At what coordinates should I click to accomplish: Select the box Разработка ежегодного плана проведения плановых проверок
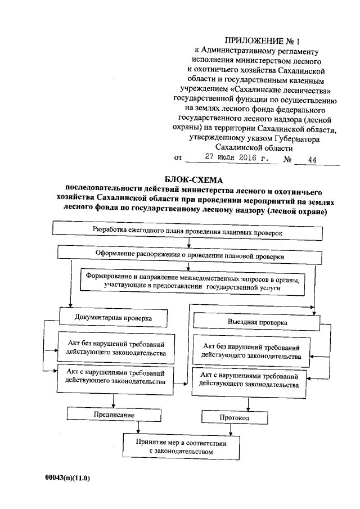(187, 231)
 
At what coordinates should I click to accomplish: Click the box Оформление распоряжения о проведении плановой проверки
(190, 256)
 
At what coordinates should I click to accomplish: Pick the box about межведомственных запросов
(192, 282)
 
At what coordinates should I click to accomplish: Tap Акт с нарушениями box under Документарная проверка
(115, 377)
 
